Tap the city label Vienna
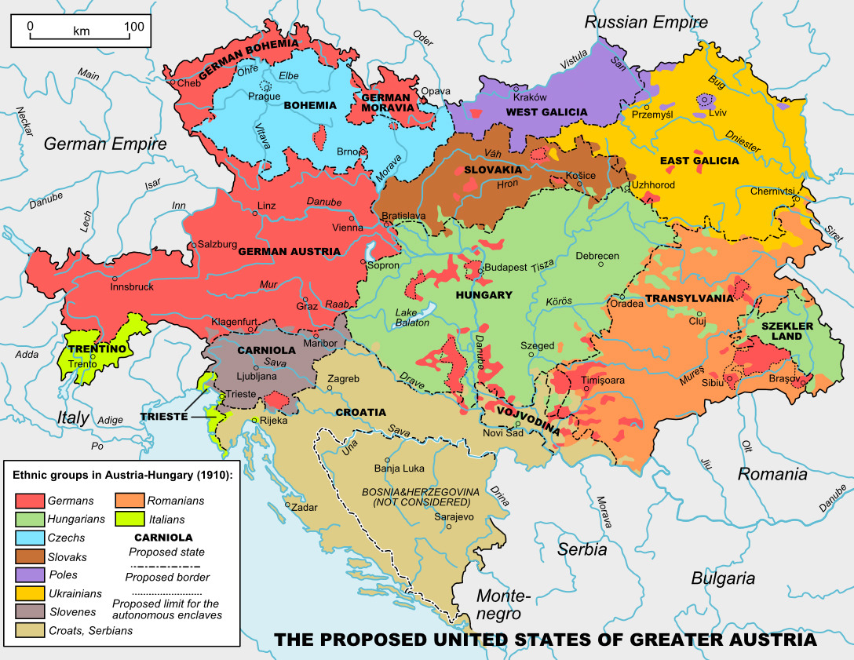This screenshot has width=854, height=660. pos(347,228)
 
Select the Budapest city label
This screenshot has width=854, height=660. pos(506,268)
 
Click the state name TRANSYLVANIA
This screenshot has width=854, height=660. pos(688,298)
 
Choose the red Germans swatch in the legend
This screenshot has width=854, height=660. pos(29,501)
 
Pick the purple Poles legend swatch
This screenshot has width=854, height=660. pos(29,575)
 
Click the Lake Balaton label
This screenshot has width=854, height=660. pos(412,317)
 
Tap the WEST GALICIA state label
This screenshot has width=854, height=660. pos(546,112)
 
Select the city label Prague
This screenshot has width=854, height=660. pos(264,97)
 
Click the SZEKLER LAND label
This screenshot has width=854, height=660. pos(781,330)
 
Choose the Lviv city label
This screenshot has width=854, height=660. pos(717,112)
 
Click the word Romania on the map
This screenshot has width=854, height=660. pos(772,474)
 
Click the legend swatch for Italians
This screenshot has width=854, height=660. pos(129,520)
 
